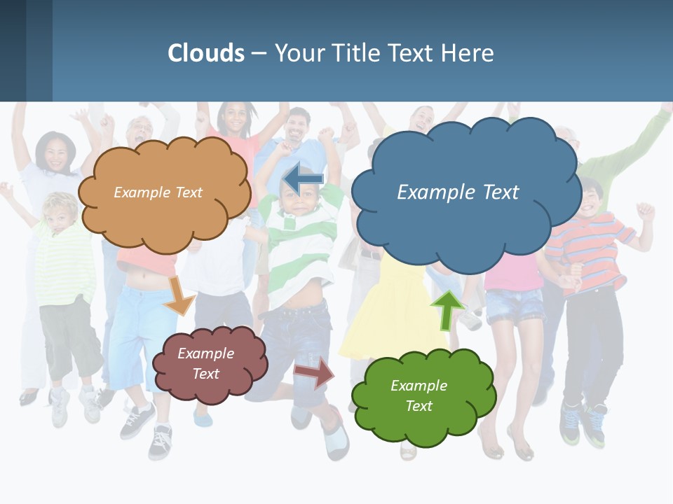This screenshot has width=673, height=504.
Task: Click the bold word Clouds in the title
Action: click(206, 53)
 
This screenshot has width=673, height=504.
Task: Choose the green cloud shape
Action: click(423, 420)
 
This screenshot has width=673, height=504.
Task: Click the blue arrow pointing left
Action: click(303, 180)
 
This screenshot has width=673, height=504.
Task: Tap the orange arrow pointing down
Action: click(179, 295)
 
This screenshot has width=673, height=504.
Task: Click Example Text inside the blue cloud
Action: click(458, 192)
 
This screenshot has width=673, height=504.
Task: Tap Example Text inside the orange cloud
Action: click(158, 192)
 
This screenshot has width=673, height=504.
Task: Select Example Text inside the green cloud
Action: click(419, 395)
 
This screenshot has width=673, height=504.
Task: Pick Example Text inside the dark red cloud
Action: click(205, 363)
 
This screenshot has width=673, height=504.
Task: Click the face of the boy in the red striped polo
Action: click(591, 199)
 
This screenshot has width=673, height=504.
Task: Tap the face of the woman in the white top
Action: click(55, 154)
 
